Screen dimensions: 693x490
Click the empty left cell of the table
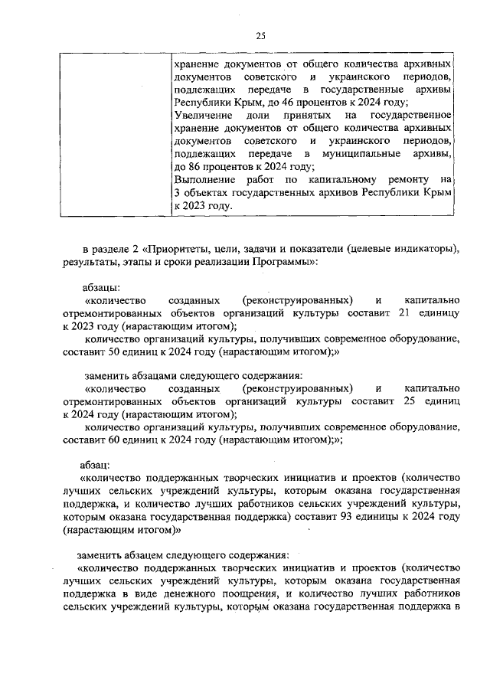115,134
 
